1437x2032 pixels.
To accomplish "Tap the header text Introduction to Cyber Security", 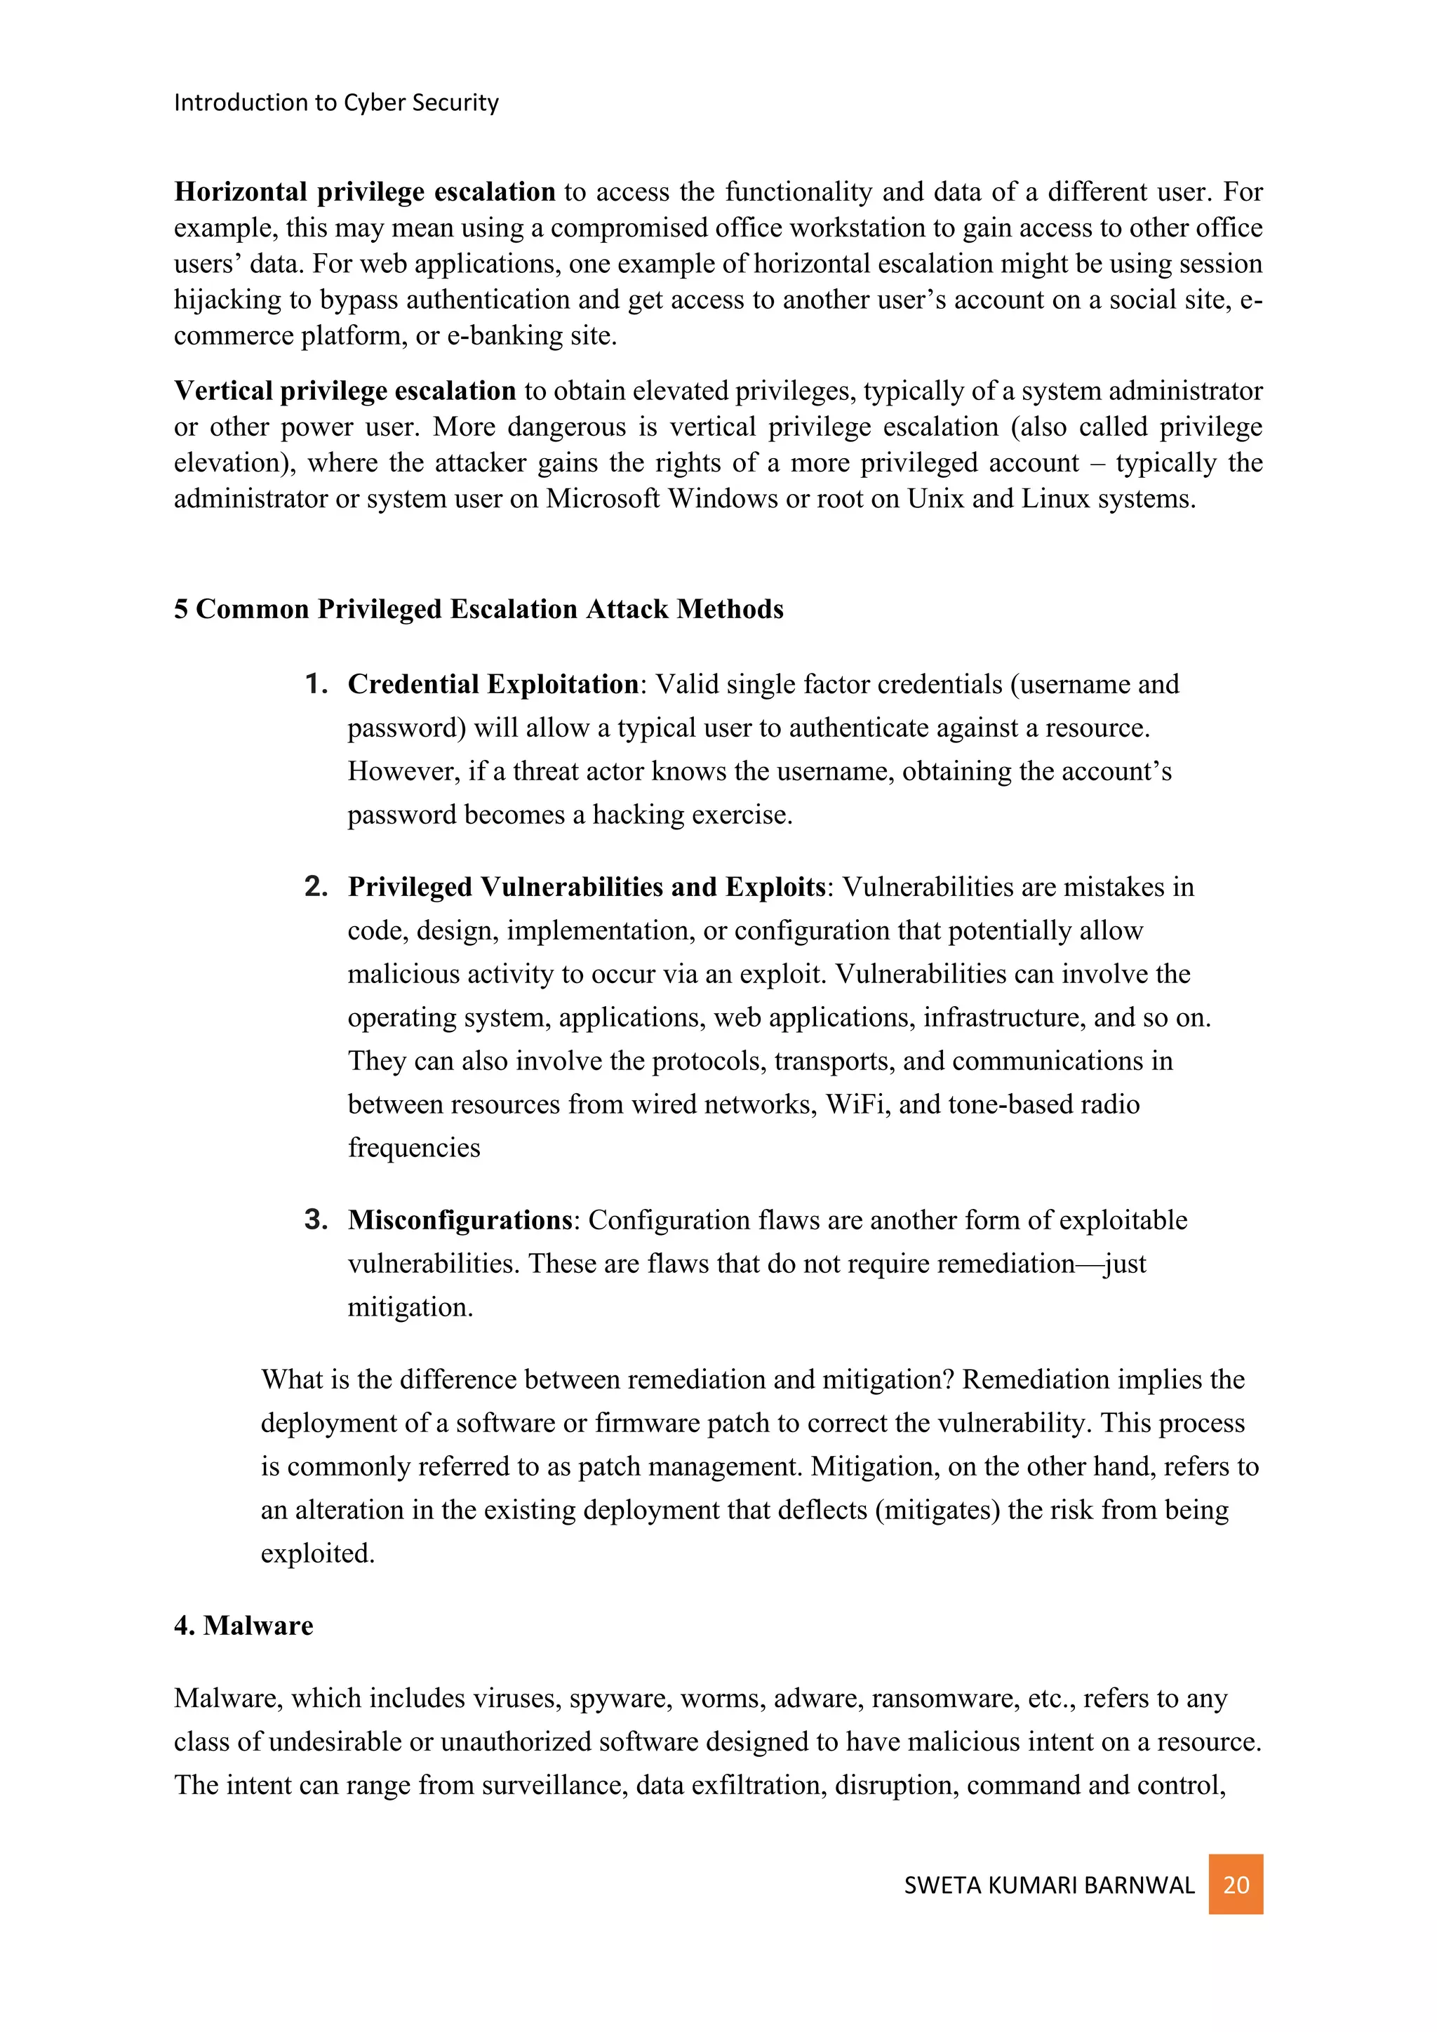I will (x=336, y=102).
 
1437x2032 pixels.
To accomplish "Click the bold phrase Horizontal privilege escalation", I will (x=365, y=192).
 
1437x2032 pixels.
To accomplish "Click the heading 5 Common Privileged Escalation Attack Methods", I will (x=479, y=609).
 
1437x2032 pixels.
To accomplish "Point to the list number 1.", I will (x=316, y=683).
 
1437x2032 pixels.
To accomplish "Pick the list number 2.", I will (x=316, y=886).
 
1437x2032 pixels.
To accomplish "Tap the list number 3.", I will (x=316, y=1219).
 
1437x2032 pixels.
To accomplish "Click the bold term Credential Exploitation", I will (x=493, y=684).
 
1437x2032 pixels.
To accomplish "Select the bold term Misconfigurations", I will (x=460, y=1219).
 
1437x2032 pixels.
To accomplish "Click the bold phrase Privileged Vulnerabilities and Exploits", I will (x=586, y=887).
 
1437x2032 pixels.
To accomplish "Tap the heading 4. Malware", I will (x=243, y=1625).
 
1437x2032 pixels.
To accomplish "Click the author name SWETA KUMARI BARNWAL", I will (x=1048, y=1885).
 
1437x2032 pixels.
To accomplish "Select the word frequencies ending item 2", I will (x=413, y=1147).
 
